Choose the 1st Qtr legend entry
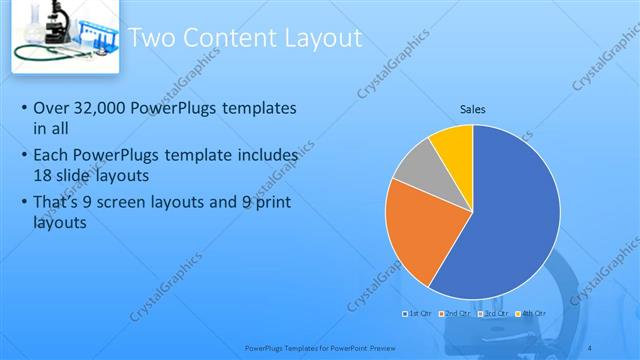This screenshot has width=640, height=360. tap(418, 313)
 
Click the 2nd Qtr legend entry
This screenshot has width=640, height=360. tap(456, 313)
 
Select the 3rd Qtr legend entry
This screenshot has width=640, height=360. tap(494, 313)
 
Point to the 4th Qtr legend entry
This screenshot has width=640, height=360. tap(532, 313)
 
